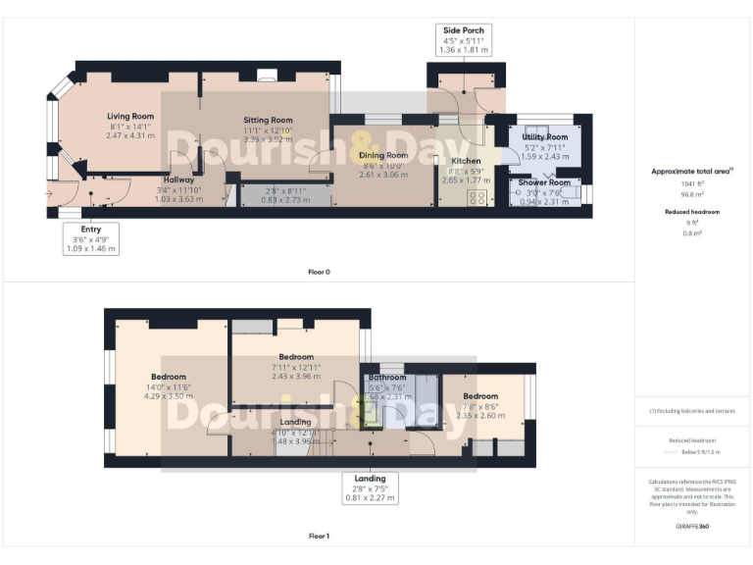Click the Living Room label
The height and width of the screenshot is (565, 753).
pos(130,116)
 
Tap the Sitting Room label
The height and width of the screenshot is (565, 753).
pos(268,120)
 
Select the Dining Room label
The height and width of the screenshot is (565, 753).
pos(383,155)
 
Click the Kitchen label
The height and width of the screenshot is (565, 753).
pos(466,161)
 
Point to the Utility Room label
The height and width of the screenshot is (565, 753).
pos(545,137)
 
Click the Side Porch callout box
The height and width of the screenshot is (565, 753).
pos(465,39)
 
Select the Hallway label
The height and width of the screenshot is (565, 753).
pos(178,180)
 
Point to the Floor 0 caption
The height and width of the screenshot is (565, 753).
pos(319,272)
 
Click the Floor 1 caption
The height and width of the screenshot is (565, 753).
pos(319,537)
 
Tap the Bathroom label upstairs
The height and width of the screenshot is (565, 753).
pos(387,377)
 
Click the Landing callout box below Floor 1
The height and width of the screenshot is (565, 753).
pos(370,488)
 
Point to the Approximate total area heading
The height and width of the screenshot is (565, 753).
pos(692,171)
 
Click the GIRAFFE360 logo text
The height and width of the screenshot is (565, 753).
pos(692,527)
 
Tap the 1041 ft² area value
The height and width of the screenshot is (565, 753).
pos(692,183)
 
